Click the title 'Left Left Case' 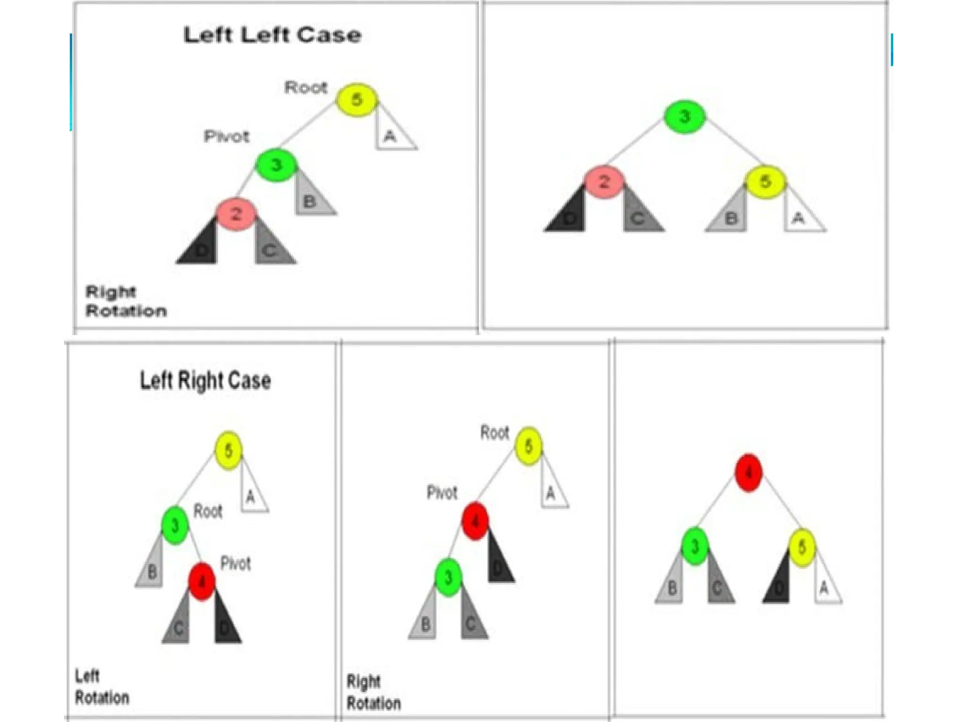coord(272,35)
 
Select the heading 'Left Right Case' coord(205,380)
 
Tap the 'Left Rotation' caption coord(102,687)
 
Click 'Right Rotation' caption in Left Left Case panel coord(126,301)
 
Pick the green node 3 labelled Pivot coord(276,165)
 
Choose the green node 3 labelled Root coord(175,525)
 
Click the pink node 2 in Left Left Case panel coord(236,214)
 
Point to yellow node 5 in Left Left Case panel coord(356,100)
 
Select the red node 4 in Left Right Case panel coord(202,582)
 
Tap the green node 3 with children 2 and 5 coord(685,117)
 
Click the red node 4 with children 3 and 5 coord(749,472)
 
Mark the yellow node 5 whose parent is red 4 coord(802,547)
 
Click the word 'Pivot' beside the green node coord(226,137)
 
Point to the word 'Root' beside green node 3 coord(208,511)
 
